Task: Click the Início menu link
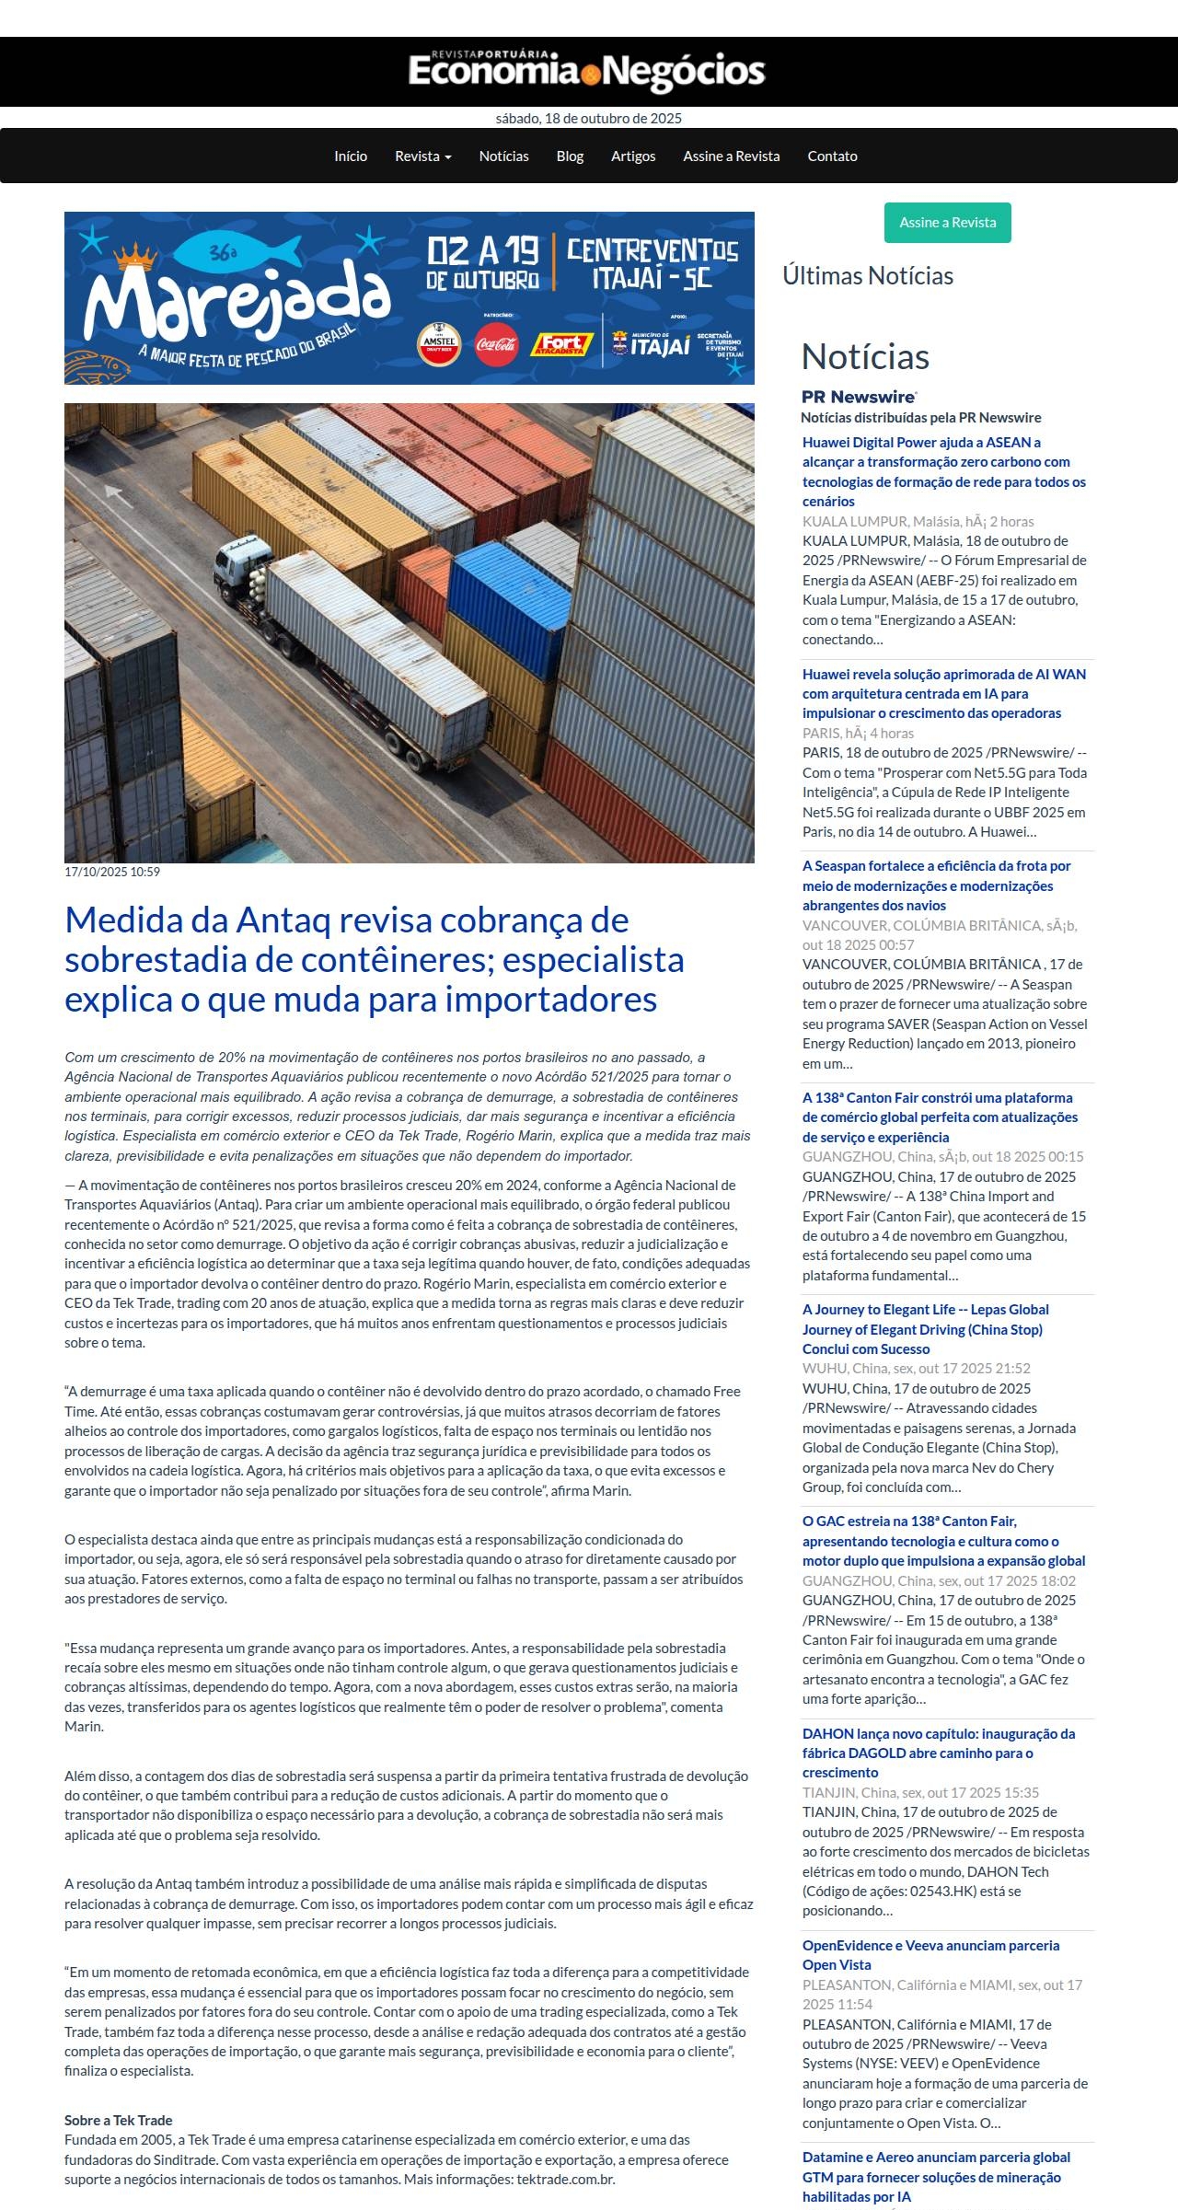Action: (x=351, y=156)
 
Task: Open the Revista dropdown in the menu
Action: (x=422, y=156)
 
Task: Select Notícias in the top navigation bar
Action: (x=503, y=156)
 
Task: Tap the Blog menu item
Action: (x=570, y=156)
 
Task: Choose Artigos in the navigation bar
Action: (x=633, y=156)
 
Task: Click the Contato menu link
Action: (x=832, y=156)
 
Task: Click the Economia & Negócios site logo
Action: (x=587, y=71)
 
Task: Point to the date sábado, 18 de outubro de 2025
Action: (x=588, y=119)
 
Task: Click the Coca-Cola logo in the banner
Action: (x=497, y=345)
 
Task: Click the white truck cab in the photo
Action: (x=241, y=563)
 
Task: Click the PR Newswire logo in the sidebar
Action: (x=859, y=397)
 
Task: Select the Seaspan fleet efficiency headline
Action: (x=936, y=885)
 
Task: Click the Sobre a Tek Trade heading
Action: (x=119, y=2120)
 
